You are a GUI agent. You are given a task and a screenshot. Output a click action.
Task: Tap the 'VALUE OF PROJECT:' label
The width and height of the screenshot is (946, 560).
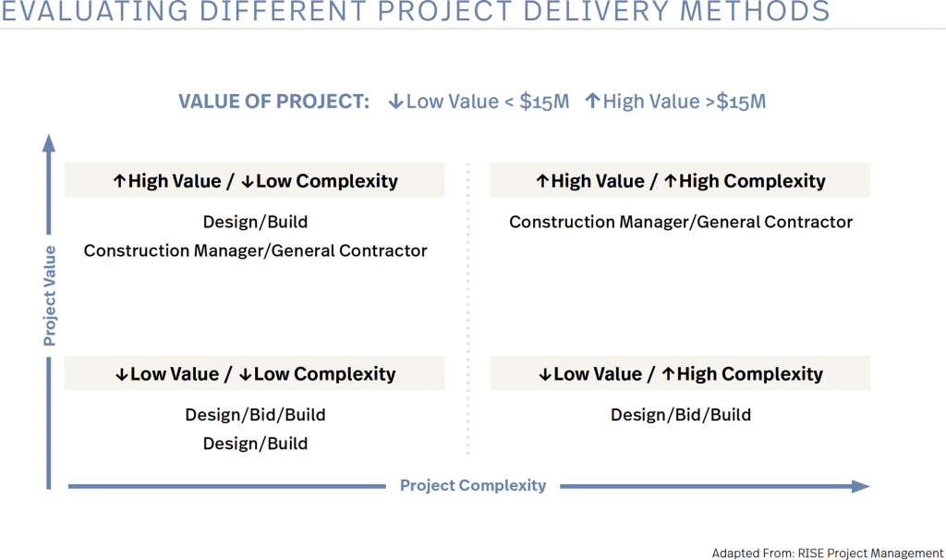(273, 102)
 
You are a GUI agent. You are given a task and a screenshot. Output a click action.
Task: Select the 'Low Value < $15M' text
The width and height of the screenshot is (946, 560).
(479, 102)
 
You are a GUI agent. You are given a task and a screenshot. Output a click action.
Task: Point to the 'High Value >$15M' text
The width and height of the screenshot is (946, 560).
(675, 102)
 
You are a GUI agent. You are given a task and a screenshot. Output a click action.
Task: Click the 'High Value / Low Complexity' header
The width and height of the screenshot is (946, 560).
(254, 181)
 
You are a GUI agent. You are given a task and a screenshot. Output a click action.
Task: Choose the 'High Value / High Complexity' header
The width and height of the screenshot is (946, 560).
(680, 181)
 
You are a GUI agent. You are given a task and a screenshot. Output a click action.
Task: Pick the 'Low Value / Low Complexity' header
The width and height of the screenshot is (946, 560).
(254, 373)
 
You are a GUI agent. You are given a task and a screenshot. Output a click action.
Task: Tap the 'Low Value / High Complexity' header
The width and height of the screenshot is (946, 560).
(680, 373)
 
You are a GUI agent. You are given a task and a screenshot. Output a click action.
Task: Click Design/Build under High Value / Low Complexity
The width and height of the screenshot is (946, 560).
(255, 222)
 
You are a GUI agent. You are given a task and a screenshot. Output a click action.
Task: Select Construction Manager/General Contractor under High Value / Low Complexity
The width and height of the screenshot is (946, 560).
(255, 250)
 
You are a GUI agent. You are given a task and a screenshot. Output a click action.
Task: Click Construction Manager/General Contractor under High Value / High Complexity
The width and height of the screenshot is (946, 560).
(681, 222)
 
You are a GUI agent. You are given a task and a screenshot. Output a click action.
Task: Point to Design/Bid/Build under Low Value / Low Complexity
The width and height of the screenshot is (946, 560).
(255, 415)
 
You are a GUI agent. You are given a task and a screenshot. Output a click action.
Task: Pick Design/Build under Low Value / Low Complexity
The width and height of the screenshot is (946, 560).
(255, 444)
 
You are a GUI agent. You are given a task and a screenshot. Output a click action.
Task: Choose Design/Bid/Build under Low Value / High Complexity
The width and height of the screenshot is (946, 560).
(681, 415)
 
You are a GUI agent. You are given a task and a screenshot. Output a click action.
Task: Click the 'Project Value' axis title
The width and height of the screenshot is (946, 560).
(50, 296)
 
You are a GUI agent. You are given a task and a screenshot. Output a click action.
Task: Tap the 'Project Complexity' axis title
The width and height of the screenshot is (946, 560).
(473, 485)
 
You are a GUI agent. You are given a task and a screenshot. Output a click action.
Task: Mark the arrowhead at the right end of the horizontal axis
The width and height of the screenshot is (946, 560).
(860, 486)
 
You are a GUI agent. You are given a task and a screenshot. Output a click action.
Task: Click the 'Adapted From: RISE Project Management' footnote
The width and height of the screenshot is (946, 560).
(827, 553)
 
